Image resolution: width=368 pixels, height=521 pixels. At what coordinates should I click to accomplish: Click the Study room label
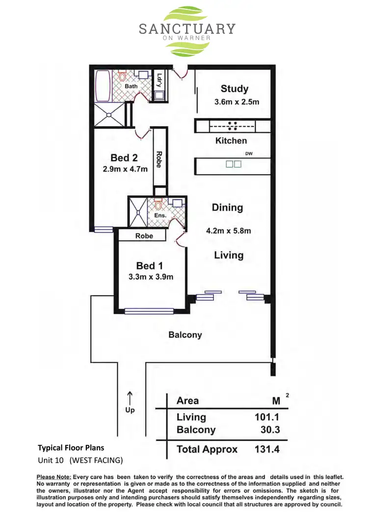click(x=234, y=89)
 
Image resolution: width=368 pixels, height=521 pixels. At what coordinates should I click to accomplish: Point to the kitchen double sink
click(x=234, y=165)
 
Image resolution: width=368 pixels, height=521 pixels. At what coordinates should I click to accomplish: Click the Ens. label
click(x=160, y=215)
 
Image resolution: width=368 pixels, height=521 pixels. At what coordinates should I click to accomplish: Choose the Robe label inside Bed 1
click(x=144, y=236)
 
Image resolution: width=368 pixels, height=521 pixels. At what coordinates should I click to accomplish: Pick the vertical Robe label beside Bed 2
click(x=158, y=159)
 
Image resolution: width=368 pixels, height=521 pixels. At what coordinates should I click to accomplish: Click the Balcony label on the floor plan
click(x=185, y=335)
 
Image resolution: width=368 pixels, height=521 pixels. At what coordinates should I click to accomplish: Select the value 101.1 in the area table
click(x=267, y=417)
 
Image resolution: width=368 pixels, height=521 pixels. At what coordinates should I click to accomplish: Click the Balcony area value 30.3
click(x=270, y=430)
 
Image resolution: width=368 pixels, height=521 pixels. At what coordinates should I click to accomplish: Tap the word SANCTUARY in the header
click(x=187, y=29)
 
